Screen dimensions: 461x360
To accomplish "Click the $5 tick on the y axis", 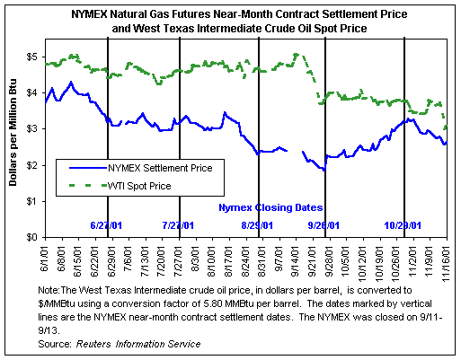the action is (x=31, y=57).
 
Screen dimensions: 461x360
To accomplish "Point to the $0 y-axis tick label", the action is (x=31, y=238).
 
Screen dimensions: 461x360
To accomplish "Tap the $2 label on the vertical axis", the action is (x=31, y=165).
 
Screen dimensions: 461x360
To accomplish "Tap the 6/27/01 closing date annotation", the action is (x=106, y=225).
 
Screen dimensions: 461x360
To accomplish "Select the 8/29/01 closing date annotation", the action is (x=257, y=225).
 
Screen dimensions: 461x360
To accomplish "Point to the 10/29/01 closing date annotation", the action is (x=403, y=225).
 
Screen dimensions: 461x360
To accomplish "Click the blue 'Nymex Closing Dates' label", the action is (x=270, y=207).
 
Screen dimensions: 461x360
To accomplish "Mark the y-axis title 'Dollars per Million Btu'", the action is (x=13, y=132).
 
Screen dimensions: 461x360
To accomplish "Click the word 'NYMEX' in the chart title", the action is (x=89, y=14).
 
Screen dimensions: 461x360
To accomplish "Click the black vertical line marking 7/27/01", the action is (x=180, y=137).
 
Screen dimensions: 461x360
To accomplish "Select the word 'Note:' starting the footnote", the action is (x=49, y=290).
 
